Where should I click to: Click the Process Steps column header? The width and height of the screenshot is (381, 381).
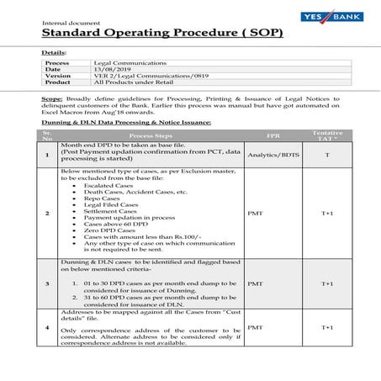click(x=151, y=135)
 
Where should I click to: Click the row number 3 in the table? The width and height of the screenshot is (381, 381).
click(x=48, y=283)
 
